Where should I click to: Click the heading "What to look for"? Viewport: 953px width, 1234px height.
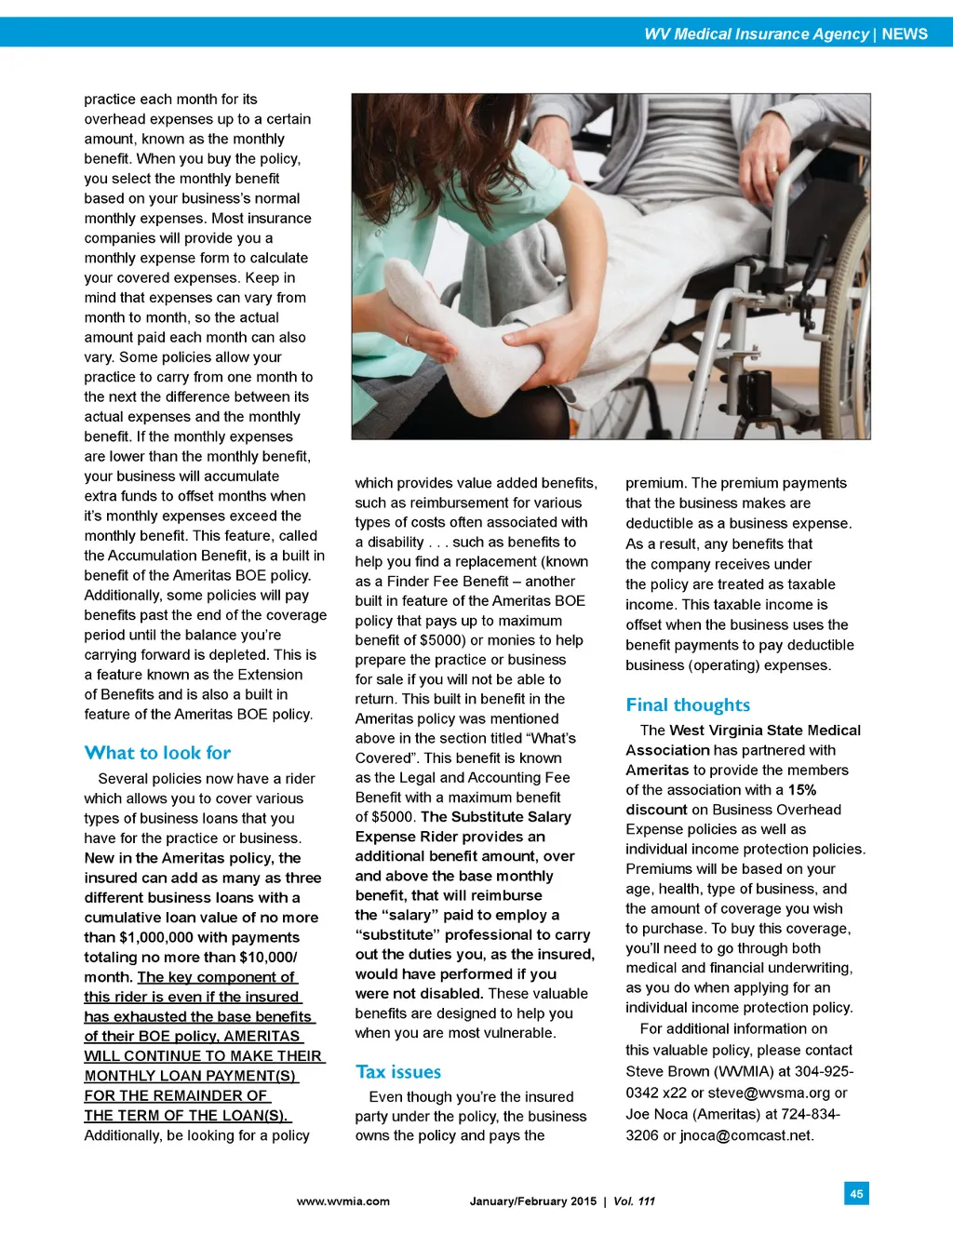click(x=157, y=753)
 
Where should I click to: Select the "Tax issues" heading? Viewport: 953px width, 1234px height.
click(x=398, y=1072)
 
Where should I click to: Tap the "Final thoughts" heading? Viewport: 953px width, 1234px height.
click(x=688, y=705)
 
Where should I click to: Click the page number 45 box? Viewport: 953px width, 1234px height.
click(x=856, y=1193)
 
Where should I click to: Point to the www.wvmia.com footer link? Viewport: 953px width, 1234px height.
click(x=342, y=1201)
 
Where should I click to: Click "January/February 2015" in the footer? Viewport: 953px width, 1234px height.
click(x=532, y=1201)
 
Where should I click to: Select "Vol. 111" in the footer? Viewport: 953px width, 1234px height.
click(x=634, y=1201)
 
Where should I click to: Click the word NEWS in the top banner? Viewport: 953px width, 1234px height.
click(x=905, y=34)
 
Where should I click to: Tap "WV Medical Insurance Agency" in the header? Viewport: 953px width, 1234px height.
click(x=756, y=34)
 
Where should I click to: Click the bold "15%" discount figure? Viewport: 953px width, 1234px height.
click(x=802, y=790)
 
